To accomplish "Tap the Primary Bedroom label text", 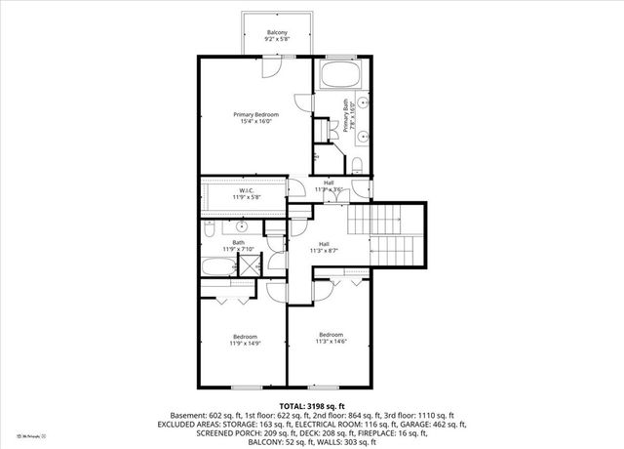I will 250,114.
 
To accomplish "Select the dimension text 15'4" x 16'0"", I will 250,122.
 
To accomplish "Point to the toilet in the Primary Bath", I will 357,163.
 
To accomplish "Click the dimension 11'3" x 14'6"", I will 329,341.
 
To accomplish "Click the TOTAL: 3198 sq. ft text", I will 311,405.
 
